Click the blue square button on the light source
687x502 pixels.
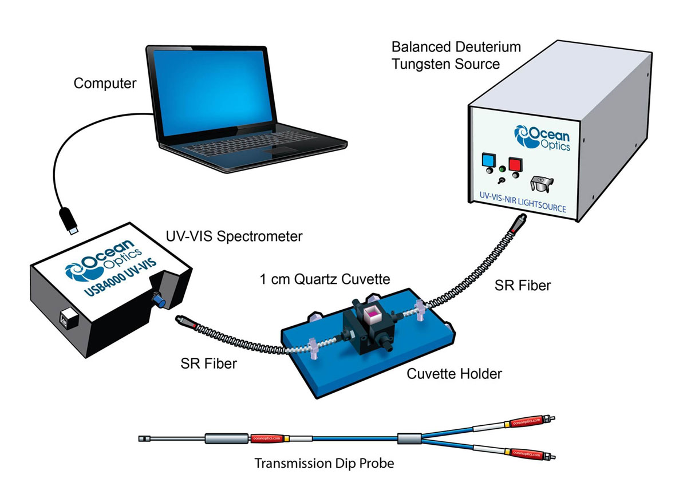click(x=488, y=160)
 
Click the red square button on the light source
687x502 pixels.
click(x=515, y=164)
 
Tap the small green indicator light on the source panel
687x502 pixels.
click(x=502, y=169)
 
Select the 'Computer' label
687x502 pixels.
click(x=105, y=84)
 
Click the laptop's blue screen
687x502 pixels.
click(x=213, y=92)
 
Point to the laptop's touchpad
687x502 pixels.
click(x=281, y=151)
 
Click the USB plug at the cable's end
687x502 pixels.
click(x=70, y=221)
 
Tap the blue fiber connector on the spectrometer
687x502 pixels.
click(x=159, y=301)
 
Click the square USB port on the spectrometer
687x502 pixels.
click(x=69, y=319)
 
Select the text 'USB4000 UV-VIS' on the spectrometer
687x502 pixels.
click(x=120, y=278)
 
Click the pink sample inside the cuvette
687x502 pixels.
click(x=372, y=314)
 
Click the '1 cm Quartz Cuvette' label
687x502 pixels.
click(x=325, y=279)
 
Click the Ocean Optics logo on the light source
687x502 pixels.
click(x=542, y=139)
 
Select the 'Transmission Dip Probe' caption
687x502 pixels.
click(x=324, y=463)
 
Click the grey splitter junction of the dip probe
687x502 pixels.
click(x=409, y=439)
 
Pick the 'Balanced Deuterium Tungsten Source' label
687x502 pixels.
click(x=456, y=56)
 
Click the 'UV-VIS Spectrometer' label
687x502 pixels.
click(x=234, y=236)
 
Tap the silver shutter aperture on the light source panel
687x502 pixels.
click(x=542, y=184)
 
